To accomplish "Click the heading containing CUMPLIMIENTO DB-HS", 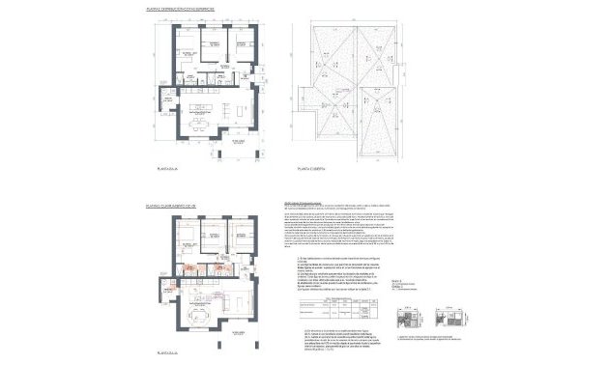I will pos(175,206).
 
